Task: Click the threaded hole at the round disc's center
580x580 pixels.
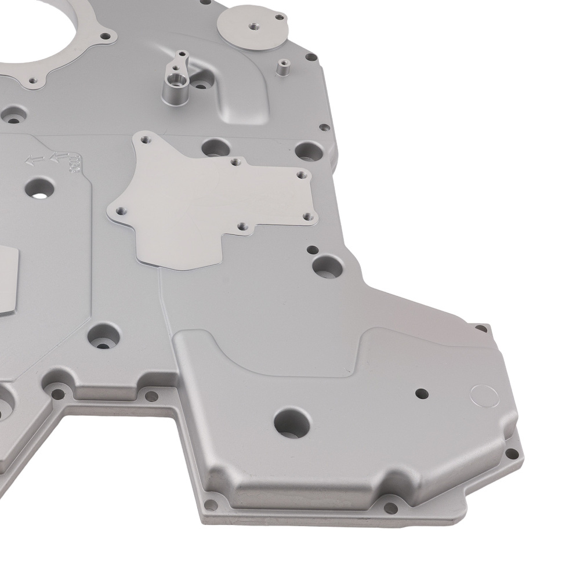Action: coord(254,25)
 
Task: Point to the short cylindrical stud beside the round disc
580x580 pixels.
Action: coord(282,67)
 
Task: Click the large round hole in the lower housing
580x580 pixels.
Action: coord(292,422)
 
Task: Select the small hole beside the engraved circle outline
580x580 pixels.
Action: coord(422,393)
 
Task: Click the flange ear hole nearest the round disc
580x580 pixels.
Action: coord(311,57)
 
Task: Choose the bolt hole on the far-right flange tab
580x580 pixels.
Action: coord(510,453)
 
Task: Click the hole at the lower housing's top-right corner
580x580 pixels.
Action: coord(481,329)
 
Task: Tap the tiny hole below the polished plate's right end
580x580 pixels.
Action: coord(312,250)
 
